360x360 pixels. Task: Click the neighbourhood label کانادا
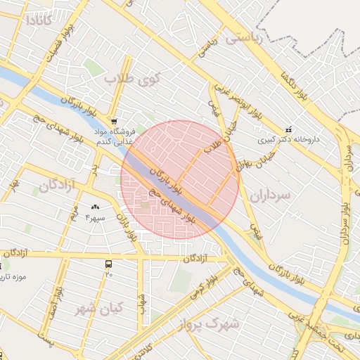click(x=39, y=19)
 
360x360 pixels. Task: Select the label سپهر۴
click(x=95, y=217)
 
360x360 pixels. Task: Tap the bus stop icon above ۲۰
click(x=108, y=264)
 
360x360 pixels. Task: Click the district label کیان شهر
click(x=99, y=307)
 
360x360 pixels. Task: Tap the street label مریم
click(x=73, y=215)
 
